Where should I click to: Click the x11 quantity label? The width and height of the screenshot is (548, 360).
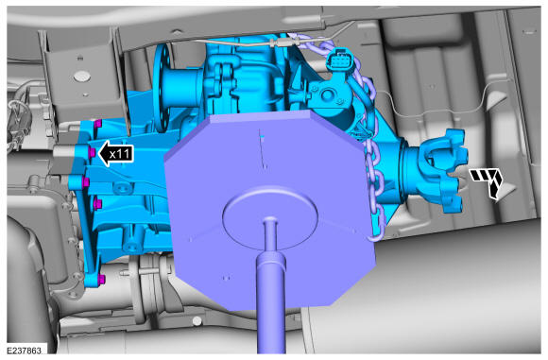tap(120, 154)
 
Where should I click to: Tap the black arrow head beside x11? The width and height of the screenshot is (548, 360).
tap(104, 153)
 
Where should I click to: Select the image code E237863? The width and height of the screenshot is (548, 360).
tap(24, 351)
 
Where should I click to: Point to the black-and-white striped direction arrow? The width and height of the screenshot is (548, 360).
tap(488, 182)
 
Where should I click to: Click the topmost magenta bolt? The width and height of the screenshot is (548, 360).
tap(98, 124)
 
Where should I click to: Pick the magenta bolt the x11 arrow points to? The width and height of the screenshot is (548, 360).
tap(93, 152)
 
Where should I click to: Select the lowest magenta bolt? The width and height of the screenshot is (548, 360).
tap(101, 279)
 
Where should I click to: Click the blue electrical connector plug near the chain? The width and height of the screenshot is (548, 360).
tap(338, 60)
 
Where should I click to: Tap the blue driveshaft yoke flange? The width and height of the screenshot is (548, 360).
tap(443, 170)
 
